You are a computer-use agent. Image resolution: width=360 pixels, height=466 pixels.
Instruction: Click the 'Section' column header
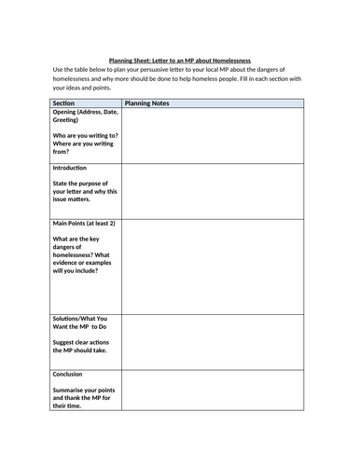coord(64,103)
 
